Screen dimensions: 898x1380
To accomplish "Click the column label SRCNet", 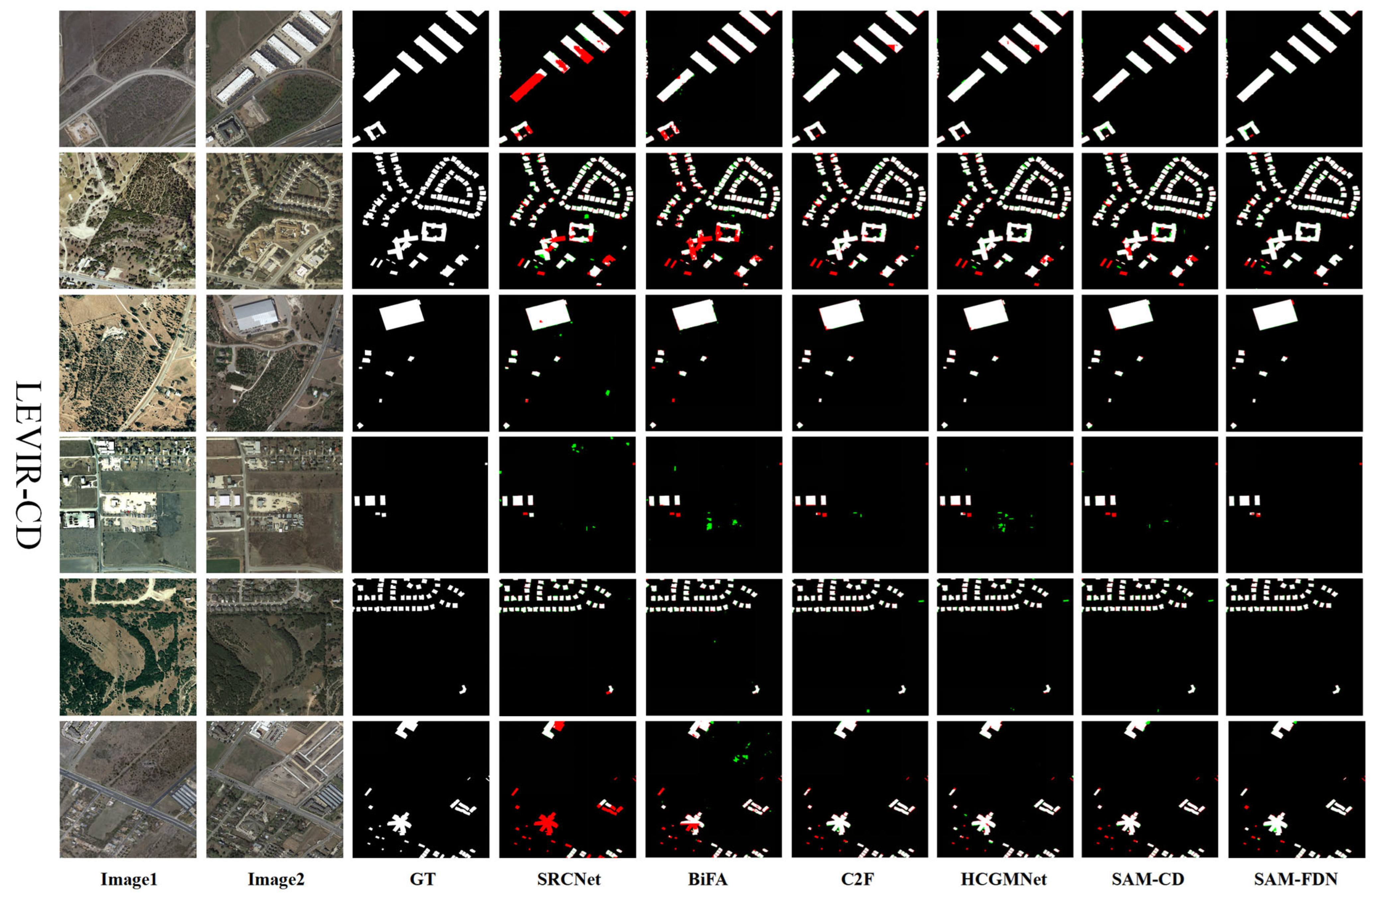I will [x=568, y=879].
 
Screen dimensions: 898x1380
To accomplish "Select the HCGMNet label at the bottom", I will [x=1003, y=879].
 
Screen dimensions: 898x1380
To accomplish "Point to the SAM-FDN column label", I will [x=1295, y=879].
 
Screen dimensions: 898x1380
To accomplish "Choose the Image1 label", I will [x=129, y=879].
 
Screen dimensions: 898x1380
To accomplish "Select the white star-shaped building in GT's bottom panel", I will [x=399, y=823].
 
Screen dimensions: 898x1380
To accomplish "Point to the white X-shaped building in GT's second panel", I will [x=400, y=247].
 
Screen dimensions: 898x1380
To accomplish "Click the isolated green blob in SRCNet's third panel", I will [x=607, y=393].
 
